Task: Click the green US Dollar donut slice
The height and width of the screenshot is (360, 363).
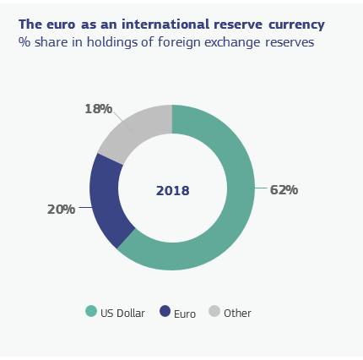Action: [x=241, y=197]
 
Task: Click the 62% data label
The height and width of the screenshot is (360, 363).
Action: [x=284, y=190]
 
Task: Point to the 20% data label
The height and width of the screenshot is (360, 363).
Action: [x=61, y=210]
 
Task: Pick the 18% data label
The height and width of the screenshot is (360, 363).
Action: [x=99, y=109]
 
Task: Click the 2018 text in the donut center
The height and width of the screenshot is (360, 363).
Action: [x=172, y=191]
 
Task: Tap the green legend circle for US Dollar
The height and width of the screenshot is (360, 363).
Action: [x=91, y=311]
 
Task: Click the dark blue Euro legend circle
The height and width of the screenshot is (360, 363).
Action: [x=165, y=311]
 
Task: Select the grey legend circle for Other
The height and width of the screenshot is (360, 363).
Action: [x=214, y=311]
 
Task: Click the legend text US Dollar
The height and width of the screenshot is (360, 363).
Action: [x=122, y=314]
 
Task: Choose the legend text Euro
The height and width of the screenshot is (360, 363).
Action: [x=185, y=314]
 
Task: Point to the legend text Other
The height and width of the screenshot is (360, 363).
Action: [x=237, y=314]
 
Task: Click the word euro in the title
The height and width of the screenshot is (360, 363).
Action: [x=61, y=25]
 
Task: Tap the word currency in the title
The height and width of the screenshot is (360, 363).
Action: [x=296, y=25]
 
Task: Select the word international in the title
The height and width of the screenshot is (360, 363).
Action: [x=165, y=25]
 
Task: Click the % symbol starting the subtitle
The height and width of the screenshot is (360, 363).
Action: [x=24, y=42]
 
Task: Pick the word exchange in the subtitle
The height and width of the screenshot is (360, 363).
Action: [x=232, y=43]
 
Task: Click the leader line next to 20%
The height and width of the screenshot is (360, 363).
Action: [x=86, y=208]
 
